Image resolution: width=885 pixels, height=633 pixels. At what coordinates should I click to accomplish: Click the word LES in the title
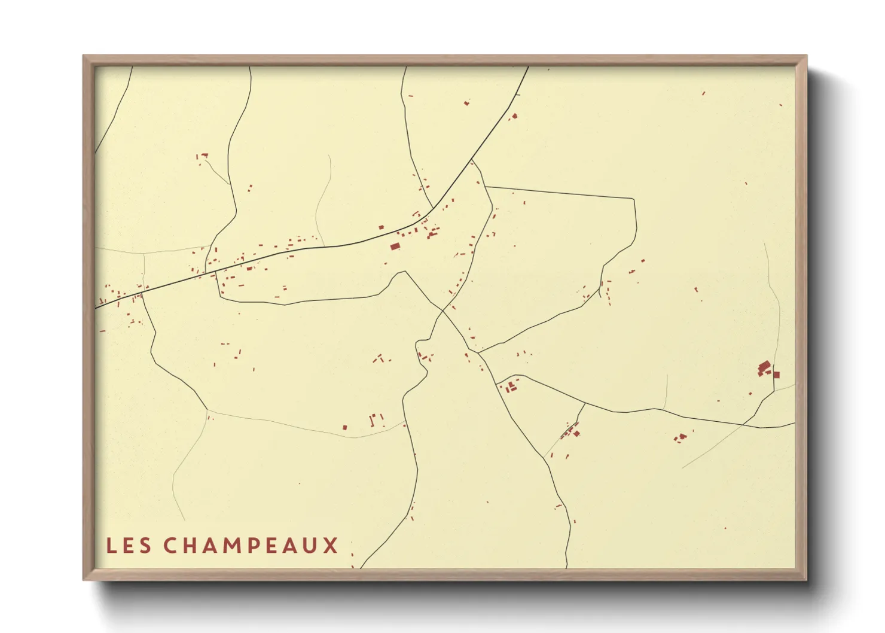[129, 546]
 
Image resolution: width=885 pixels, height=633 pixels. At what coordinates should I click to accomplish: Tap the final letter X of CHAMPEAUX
[331, 546]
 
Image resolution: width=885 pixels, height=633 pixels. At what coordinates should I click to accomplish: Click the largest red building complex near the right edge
[764, 368]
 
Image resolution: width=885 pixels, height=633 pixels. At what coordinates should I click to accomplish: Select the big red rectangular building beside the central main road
[395, 246]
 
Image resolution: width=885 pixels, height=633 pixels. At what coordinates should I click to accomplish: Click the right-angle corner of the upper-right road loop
[632, 199]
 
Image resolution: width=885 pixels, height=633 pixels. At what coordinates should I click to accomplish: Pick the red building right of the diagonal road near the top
[514, 116]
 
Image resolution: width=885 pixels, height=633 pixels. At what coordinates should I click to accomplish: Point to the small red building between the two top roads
[466, 104]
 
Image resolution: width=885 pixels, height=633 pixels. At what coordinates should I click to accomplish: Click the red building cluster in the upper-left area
[204, 156]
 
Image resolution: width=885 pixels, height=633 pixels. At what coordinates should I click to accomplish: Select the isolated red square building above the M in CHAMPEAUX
[344, 427]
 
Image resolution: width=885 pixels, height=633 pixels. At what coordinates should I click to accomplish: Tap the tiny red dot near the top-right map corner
[781, 105]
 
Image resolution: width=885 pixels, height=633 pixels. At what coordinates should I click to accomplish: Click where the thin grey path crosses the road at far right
[743, 424]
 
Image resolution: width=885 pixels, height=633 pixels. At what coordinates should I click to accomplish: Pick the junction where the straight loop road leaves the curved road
[486, 187]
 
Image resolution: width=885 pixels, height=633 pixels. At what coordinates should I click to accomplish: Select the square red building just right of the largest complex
[776, 375]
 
